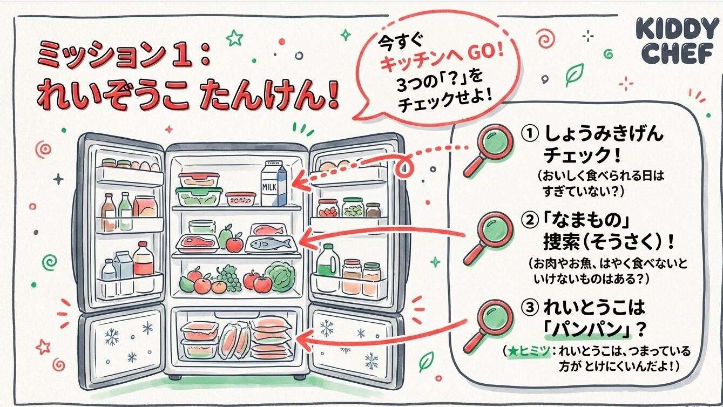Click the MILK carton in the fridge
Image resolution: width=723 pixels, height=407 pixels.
click(274, 186)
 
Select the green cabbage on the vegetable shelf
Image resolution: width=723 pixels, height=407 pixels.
click(281, 276)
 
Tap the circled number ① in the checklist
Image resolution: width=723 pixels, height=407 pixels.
click(529, 133)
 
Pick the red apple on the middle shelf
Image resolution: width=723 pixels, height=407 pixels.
click(234, 244)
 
